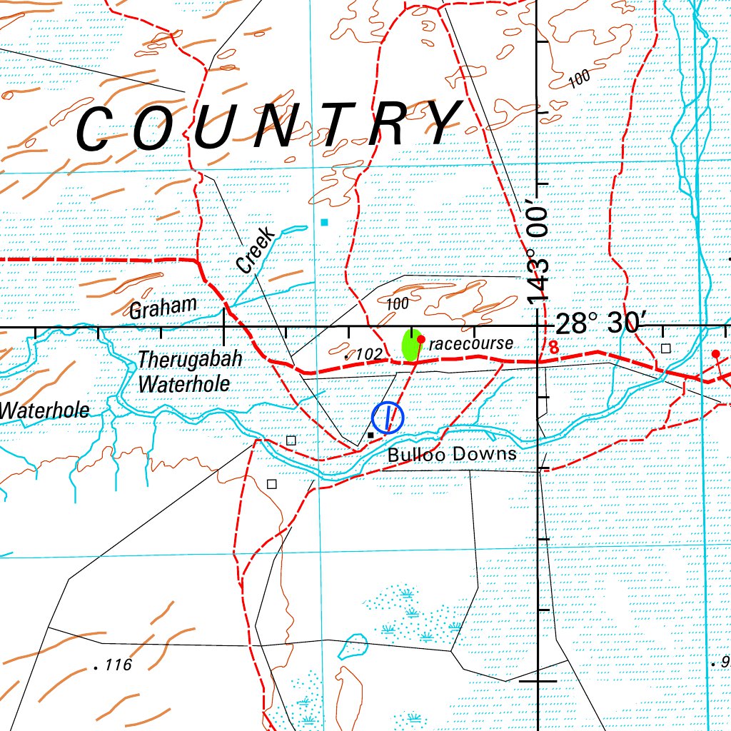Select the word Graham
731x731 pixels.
pyautogui.click(x=163, y=308)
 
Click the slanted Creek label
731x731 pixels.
pyautogui.click(x=255, y=250)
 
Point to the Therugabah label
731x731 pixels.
pyautogui.click(x=190, y=359)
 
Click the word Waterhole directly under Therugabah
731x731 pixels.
pyautogui.click(x=184, y=384)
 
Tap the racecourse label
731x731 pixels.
pyautogui.click(x=471, y=343)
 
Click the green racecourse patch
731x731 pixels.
pyautogui.click(x=410, y=346)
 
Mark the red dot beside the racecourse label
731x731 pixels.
pyautogui.click(x=421, y=339)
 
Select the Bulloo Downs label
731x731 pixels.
pyautogui.click(x=451, y=455)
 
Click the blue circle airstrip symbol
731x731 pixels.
pyautogui.click(x=388, y=418)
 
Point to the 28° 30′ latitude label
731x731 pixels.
pyautogui.click(x=599, y=323)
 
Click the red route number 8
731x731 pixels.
pyautogui.click(x=553, y=349)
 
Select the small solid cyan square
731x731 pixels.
pyautogui.click(x=325, y=223)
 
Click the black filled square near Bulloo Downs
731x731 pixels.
pyautogui.click(x=370, y=435)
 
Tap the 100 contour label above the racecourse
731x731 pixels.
pyautogui.click(x=398, y=304)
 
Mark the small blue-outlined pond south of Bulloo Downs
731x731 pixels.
pyautogui.click(x=352, y=646)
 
